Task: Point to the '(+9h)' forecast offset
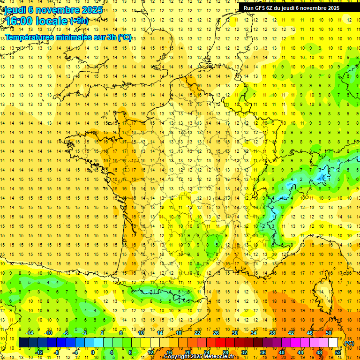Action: (x=79, y=21)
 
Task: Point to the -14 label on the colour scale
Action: (x=30, y=333)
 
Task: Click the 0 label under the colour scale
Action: (x=92, y=352)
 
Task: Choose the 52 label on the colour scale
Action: (x=338, y=352)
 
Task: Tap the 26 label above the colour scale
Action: (x=216, y=333)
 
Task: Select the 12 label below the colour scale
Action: (x=150, y=352)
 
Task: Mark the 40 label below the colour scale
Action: (x=282, y=352)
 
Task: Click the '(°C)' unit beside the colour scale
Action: (x=349, y=343)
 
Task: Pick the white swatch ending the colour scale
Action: (x=333, y=343)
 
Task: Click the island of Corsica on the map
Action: (x=323, y=293)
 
